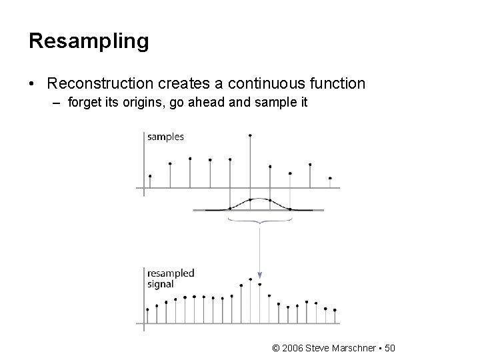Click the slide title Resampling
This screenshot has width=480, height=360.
(89, 41)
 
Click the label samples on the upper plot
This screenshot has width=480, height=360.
(166, 137)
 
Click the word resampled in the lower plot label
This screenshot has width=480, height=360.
(171, 273)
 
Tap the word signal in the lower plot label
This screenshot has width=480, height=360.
(161, 283)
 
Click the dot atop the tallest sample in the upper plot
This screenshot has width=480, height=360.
(250, 135)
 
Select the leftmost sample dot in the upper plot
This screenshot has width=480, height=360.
(150, 176)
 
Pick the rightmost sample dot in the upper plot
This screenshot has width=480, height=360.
(330, 178)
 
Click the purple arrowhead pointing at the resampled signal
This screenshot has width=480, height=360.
(260, 275)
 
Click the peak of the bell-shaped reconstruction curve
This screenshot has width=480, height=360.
(250, 199)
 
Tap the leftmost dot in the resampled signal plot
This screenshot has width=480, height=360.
(147, 309)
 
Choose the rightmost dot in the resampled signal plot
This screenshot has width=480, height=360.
(335, 310)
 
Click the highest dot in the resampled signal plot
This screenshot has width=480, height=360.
(250, 279)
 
